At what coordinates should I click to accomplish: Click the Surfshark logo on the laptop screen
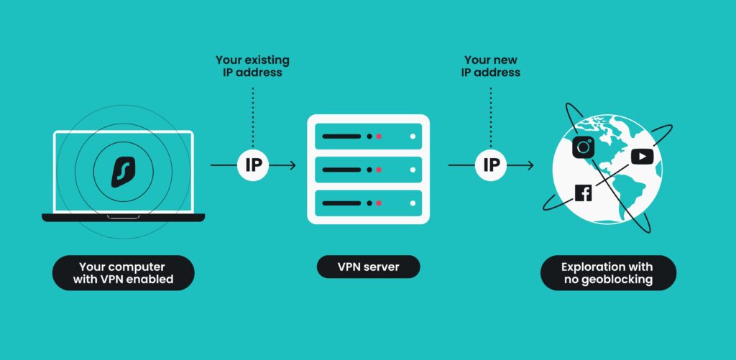click(124, 172)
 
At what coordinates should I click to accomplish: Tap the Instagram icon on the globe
click(583, 147)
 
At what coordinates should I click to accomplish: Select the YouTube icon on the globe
click(640, 156)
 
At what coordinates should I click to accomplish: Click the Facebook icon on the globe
click(583, 193)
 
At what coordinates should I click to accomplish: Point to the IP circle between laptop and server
click(253, 165)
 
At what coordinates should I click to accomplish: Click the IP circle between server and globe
click(491, 165)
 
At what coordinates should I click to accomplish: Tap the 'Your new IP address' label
click(492, 66)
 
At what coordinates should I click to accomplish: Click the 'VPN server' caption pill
click(368, 267)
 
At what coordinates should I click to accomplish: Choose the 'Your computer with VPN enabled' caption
click(124, 273)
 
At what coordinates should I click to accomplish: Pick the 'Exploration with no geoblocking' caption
click(608, 273)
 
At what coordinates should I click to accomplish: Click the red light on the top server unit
click(379, 136)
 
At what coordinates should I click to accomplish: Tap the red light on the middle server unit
click(379, 170)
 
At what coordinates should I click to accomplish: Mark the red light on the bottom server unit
click(379, 203)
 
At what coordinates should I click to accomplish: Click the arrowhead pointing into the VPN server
click(291, 165)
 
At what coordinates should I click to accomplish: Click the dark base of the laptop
click(123, 217)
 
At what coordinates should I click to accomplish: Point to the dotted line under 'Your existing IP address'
click(253, 115)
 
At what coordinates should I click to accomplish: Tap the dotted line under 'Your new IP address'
click(491, 115)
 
